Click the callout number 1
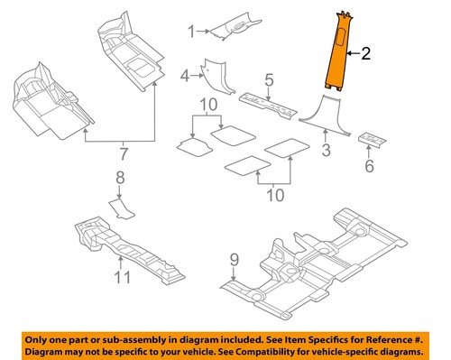point(191,32)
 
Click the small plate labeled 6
point(372,140)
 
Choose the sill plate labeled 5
point(271,106)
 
